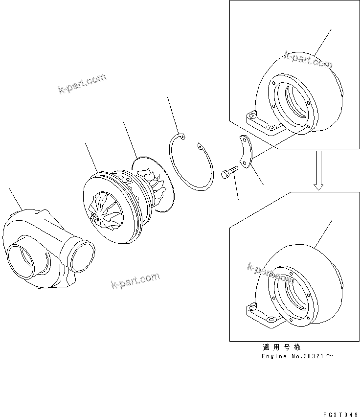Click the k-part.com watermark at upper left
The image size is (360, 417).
pyautogui.click(x=82, y=84)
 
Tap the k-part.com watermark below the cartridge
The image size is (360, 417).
pyautogui.click(x=135, y=280)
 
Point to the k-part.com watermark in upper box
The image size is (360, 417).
pyautogui.click(x=308, y=61)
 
